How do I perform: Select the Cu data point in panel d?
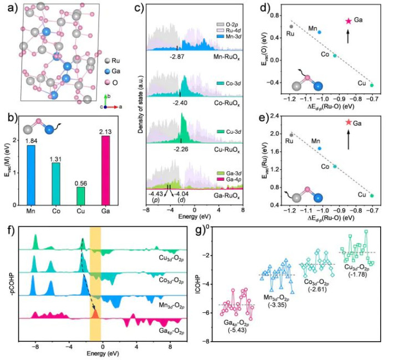pyautogui.click(x=372, y=85)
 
